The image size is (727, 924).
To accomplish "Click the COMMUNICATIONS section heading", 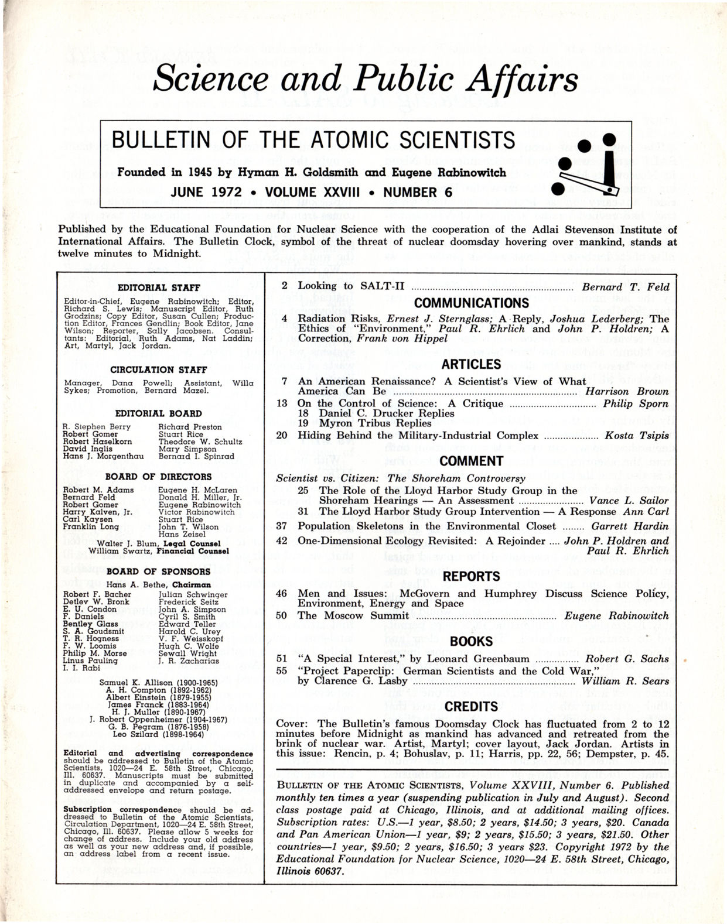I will tap(471, 303).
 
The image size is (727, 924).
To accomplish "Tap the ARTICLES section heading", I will tap(471, 364).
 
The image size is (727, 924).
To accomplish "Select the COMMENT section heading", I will tap(471, 461).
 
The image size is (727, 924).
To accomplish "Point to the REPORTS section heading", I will tap(471, 576).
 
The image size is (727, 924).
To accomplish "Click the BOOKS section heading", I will tap(471, 641).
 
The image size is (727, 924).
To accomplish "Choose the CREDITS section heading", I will tap(471, 706).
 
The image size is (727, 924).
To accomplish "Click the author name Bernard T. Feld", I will tap(625, 287).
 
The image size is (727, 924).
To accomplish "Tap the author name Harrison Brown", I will tap(627, 391).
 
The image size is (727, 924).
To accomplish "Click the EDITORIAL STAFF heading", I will tap(159, 288).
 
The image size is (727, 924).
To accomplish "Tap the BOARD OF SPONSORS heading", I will tap(159, 571).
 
